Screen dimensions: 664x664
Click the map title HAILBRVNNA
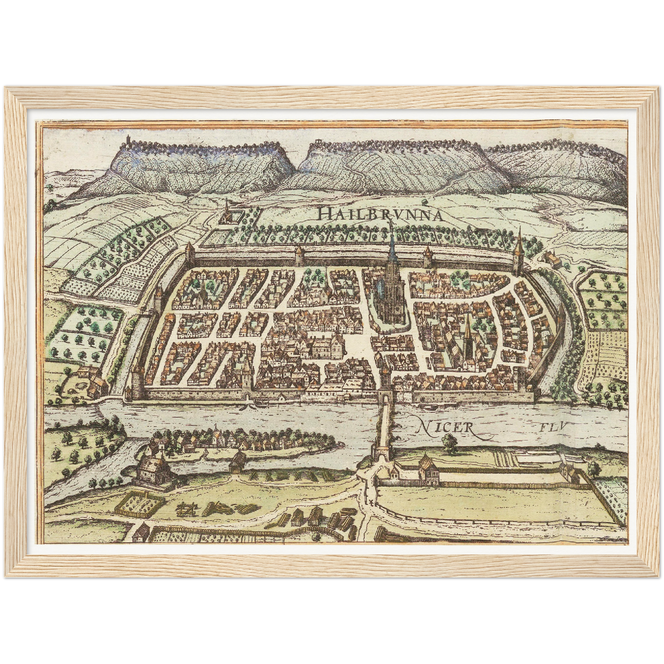(380, 214)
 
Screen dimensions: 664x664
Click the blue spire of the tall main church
(393, 250)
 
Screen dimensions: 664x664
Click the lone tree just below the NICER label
(448, 442)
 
